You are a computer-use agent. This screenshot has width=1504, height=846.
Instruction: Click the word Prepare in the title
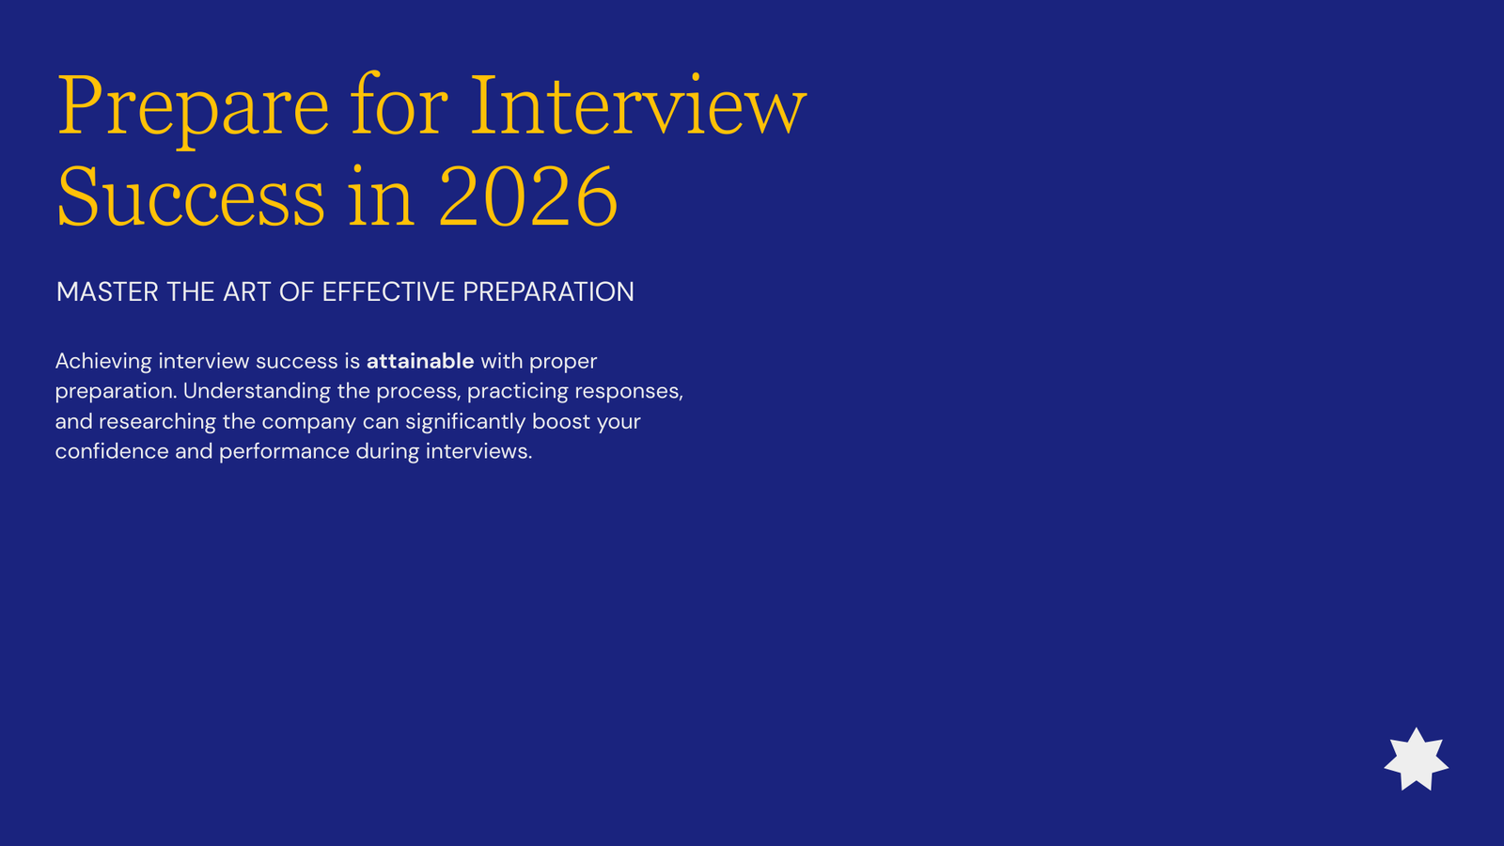coord(194,107)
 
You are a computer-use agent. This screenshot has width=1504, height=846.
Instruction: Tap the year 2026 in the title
coord(528,196)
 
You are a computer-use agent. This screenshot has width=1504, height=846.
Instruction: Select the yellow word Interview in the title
coord(638,104)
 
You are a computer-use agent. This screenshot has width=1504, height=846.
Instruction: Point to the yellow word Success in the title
coord(192,196)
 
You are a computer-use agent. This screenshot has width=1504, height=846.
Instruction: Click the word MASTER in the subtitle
coord(107,292)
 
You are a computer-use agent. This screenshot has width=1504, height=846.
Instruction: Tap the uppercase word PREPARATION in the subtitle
coord(549,292)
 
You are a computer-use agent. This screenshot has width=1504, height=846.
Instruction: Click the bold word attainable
coord(420,361)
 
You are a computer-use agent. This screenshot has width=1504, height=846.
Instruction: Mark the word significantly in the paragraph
coord(465,422)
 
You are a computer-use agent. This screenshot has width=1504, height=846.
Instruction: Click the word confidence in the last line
coord(112,451)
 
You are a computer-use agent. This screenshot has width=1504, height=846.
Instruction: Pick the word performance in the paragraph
coord(284,452)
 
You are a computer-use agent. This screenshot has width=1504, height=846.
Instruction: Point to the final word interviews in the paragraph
coord(478,451)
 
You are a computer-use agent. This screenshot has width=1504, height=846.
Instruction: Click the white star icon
coord(1416,760)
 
